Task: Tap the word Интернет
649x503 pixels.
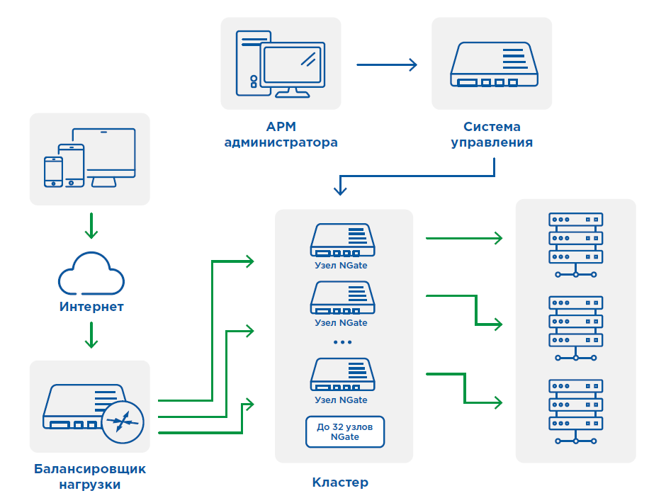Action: coord(91,307)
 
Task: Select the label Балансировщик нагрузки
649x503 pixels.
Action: coord(90,477)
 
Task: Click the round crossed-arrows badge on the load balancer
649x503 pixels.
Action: coord(123,422)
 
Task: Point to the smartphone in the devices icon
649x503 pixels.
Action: coord(54,171)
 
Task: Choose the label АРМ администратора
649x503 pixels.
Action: coord(281,135)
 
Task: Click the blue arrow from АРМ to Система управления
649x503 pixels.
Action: coord(386,64)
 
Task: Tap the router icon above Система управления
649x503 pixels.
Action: coord(494,65)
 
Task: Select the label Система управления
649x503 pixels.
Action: coord(492,135)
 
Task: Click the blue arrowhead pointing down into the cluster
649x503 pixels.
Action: coord(341,188)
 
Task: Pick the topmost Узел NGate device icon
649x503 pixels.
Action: coord(342,241)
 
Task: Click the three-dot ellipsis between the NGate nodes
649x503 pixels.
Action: coord(342,342)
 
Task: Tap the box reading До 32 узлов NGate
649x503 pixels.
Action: coord(345,431)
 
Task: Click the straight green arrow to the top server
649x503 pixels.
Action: coord(463,239)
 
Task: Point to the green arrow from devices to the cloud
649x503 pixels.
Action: coord(91,225)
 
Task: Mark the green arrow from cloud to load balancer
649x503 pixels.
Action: coord(91,335)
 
